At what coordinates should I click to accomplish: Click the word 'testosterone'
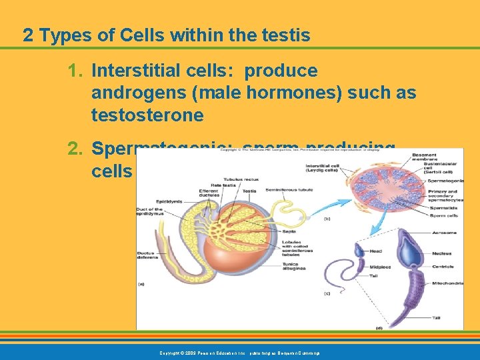coord(147,115)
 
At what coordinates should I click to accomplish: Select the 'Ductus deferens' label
coord(148,254)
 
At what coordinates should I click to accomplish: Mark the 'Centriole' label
coord(443,266)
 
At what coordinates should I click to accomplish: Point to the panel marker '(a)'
coord(141,283)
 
